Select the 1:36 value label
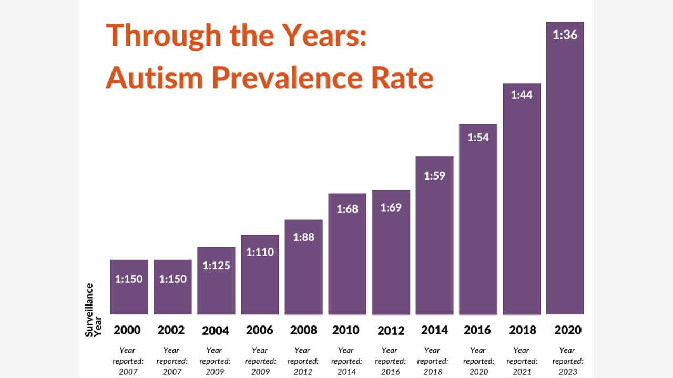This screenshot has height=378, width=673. (x=565, y=35)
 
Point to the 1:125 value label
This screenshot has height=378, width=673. (x=217, y=266)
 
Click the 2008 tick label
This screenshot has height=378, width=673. (x=303, y=330)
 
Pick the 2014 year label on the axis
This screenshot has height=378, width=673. (x=434, y=330)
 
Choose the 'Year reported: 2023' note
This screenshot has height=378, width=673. (x=567, y=361)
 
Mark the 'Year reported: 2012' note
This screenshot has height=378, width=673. (x=302, y=361)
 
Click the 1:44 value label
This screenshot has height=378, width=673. (x=522, y=95)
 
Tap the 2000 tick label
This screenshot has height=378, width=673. (x=127, y=330)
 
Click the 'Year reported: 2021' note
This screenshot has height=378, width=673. (x=522, y=361)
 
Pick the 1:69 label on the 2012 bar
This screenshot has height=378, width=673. (x=391, y=207)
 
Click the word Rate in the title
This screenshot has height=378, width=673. (x=402, y=78)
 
